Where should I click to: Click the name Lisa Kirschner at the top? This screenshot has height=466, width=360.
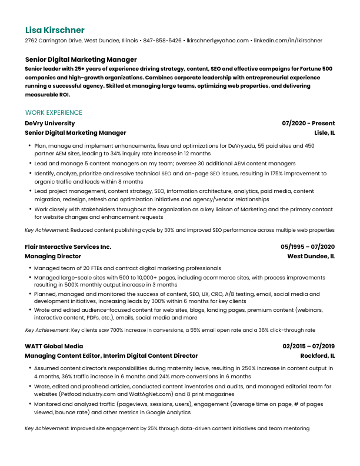tap(55, 30)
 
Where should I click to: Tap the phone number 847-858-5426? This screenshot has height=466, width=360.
tap(162, 41)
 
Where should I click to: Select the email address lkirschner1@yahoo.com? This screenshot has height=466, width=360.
tap(218, 41)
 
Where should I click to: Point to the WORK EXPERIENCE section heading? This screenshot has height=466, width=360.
tap(54, 112)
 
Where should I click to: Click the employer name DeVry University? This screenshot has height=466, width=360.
tap(50, 124)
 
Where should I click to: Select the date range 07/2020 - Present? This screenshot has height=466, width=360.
tap(308, 124)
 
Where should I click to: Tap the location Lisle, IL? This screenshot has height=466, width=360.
tap(325, 133)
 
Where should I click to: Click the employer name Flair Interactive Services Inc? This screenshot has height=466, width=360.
tap(68, 247)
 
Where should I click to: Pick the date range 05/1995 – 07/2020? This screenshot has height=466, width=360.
tap(308, 247)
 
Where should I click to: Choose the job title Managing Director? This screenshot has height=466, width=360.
tap(53, 257)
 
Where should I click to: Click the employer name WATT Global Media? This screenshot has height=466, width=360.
tap(54, 347)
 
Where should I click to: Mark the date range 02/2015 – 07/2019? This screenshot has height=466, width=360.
tap(309, 347)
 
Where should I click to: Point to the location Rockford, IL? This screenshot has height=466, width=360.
tap(318, 356)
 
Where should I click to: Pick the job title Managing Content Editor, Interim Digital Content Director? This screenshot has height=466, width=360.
tap(111, 356)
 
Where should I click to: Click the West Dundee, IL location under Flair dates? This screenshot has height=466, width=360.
tap(311, 257)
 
